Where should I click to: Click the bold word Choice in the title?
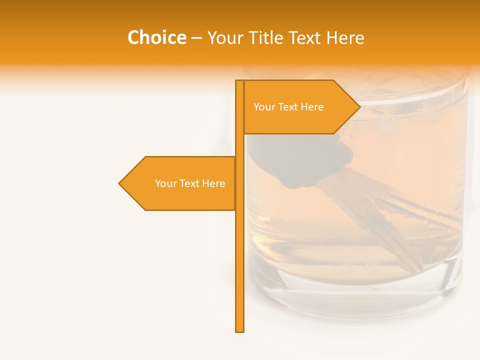click(x=156, y=37)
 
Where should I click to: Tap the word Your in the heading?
click(x=224, y=37)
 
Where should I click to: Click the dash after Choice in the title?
click(x=196, y=38)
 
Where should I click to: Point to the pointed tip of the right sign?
click(x=359, y=106)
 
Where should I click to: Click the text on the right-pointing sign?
click(x=288, y=107)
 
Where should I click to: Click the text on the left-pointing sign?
click(x=190, y=183)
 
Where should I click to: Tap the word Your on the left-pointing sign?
click(x=165, y=183)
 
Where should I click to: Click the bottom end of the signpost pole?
click(x=240, y=330)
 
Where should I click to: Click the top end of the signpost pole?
click(x=240, y=82)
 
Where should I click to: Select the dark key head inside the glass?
click(x=300, y=160)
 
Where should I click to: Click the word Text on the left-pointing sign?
click(x=189, y=183)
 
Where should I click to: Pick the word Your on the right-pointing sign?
click(x=263, y=107)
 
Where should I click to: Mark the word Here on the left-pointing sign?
click(x=214, y=183)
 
